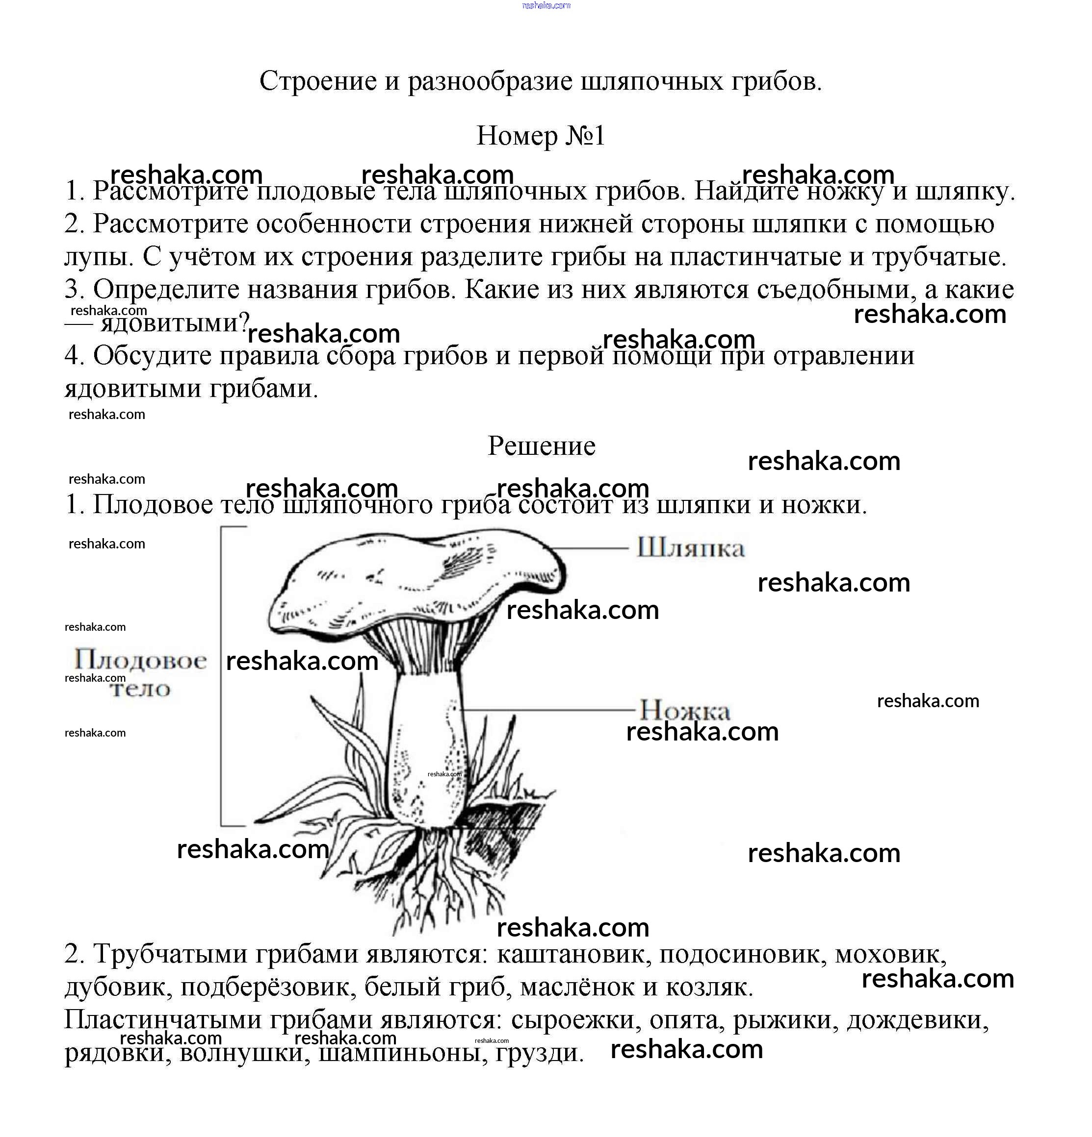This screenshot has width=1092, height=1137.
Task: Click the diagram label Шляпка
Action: [x=690, y=547]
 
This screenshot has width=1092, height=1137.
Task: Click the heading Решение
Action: [x=541, y=446]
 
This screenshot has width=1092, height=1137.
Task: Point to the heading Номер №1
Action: [x=541, y=136]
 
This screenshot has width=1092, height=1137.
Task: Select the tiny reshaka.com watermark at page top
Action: [x=546, y=6]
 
